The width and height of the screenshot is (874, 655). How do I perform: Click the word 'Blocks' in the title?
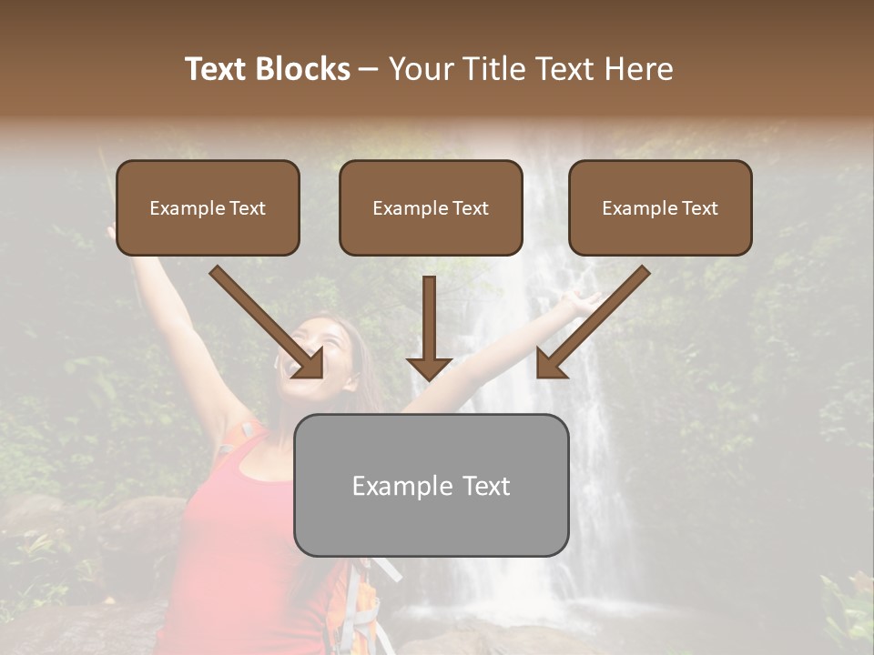(302, 69)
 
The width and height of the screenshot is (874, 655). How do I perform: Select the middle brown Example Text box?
(431, 232)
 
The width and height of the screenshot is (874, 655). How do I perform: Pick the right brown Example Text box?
(660, 232)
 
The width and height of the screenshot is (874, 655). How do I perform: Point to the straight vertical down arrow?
(429, 327)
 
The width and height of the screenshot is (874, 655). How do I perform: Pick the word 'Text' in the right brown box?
(699, 208)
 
